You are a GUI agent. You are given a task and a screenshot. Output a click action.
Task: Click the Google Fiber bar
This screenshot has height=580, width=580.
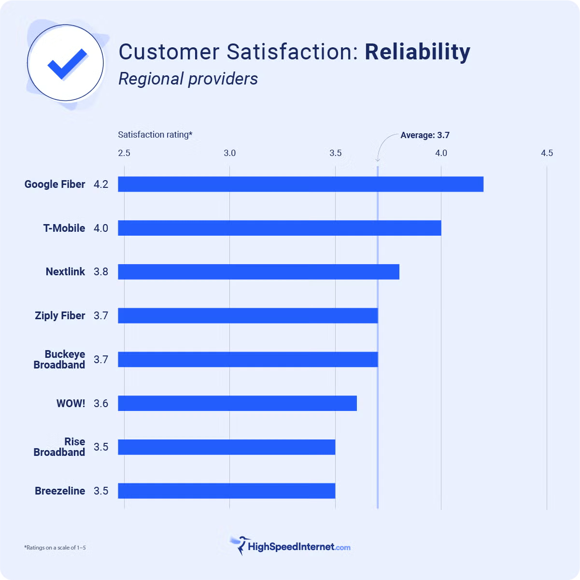pyautogui.click(x=300, y=184)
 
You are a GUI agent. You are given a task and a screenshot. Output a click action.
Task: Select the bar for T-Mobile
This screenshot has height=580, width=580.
pyautogui.click(x=279, y=228)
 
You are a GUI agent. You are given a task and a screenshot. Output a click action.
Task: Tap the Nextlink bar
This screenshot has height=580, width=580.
pyautogui.click(x=258, y=272)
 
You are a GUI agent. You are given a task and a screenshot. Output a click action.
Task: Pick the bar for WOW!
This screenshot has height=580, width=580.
pyautogui.click(x=237, y=403)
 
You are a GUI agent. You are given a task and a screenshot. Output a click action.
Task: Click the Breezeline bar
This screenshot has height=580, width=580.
pyautogui.click(x=226, y=491)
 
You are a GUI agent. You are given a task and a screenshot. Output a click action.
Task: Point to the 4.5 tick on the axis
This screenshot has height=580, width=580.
pyautogui.click(x=547, y=153)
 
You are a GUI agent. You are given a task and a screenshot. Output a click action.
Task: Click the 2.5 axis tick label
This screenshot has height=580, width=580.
pyautogui.click(x=124, y=153)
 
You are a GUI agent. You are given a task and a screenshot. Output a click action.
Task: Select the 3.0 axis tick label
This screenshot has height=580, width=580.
pyautogui.click(x=230, y=153)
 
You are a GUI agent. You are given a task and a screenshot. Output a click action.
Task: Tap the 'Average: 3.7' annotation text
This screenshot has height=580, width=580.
pyautogui.click(x=425, y=135)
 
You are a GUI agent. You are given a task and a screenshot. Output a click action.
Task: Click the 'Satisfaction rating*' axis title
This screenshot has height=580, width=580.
pyautogui.click(x=155, y=135)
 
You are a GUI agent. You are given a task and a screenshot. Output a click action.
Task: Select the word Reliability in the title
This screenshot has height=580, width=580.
pyautogui.click(x=417, y=52)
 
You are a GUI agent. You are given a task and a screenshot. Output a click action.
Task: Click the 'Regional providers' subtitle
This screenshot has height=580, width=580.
pyautogui.click(x=188, y=79)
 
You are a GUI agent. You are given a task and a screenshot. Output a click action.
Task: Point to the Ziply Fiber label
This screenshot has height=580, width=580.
pyautogui.click(x=60, y=316)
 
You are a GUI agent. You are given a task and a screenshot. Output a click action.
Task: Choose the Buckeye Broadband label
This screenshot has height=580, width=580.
pyautogui.click(x=59, y=360)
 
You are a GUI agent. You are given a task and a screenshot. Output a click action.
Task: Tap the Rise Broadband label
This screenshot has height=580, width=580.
pyautogui.click(x=59, y=447)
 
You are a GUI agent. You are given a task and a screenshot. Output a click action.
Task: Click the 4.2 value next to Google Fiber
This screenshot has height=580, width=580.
pyautogui.click(x=101, y=184)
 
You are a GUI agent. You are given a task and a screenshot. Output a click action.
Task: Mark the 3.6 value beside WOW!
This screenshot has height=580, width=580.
pyautogui.click(x=101, y=404)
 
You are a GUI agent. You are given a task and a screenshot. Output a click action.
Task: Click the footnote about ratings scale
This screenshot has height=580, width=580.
pyautogui.click(x=55, y=548)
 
